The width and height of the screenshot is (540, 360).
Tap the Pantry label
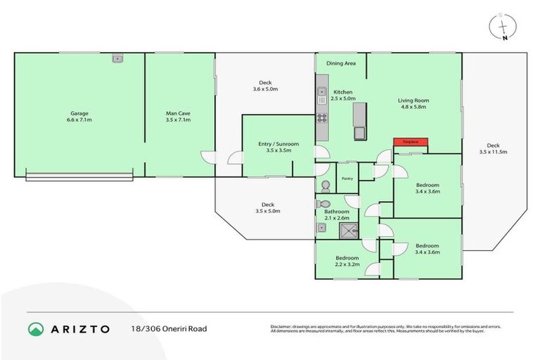(x=347, y=179)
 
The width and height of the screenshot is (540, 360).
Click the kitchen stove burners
(x=321, y=117)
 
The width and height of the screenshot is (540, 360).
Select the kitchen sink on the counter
(x=321, y=91)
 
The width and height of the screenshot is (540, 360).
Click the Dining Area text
(x=341, y=63)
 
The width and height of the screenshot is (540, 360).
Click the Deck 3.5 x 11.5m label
(x=493, y=148)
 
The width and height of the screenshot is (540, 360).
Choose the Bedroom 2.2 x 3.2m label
(x=346, y=262)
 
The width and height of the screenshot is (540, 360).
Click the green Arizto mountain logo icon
(x=35, y=329)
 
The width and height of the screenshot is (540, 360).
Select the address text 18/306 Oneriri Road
(x=169, y=329)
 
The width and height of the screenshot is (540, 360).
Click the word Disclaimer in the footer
(x=283, y=327)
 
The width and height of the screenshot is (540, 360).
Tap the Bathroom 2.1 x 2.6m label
(x=336, y=215)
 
